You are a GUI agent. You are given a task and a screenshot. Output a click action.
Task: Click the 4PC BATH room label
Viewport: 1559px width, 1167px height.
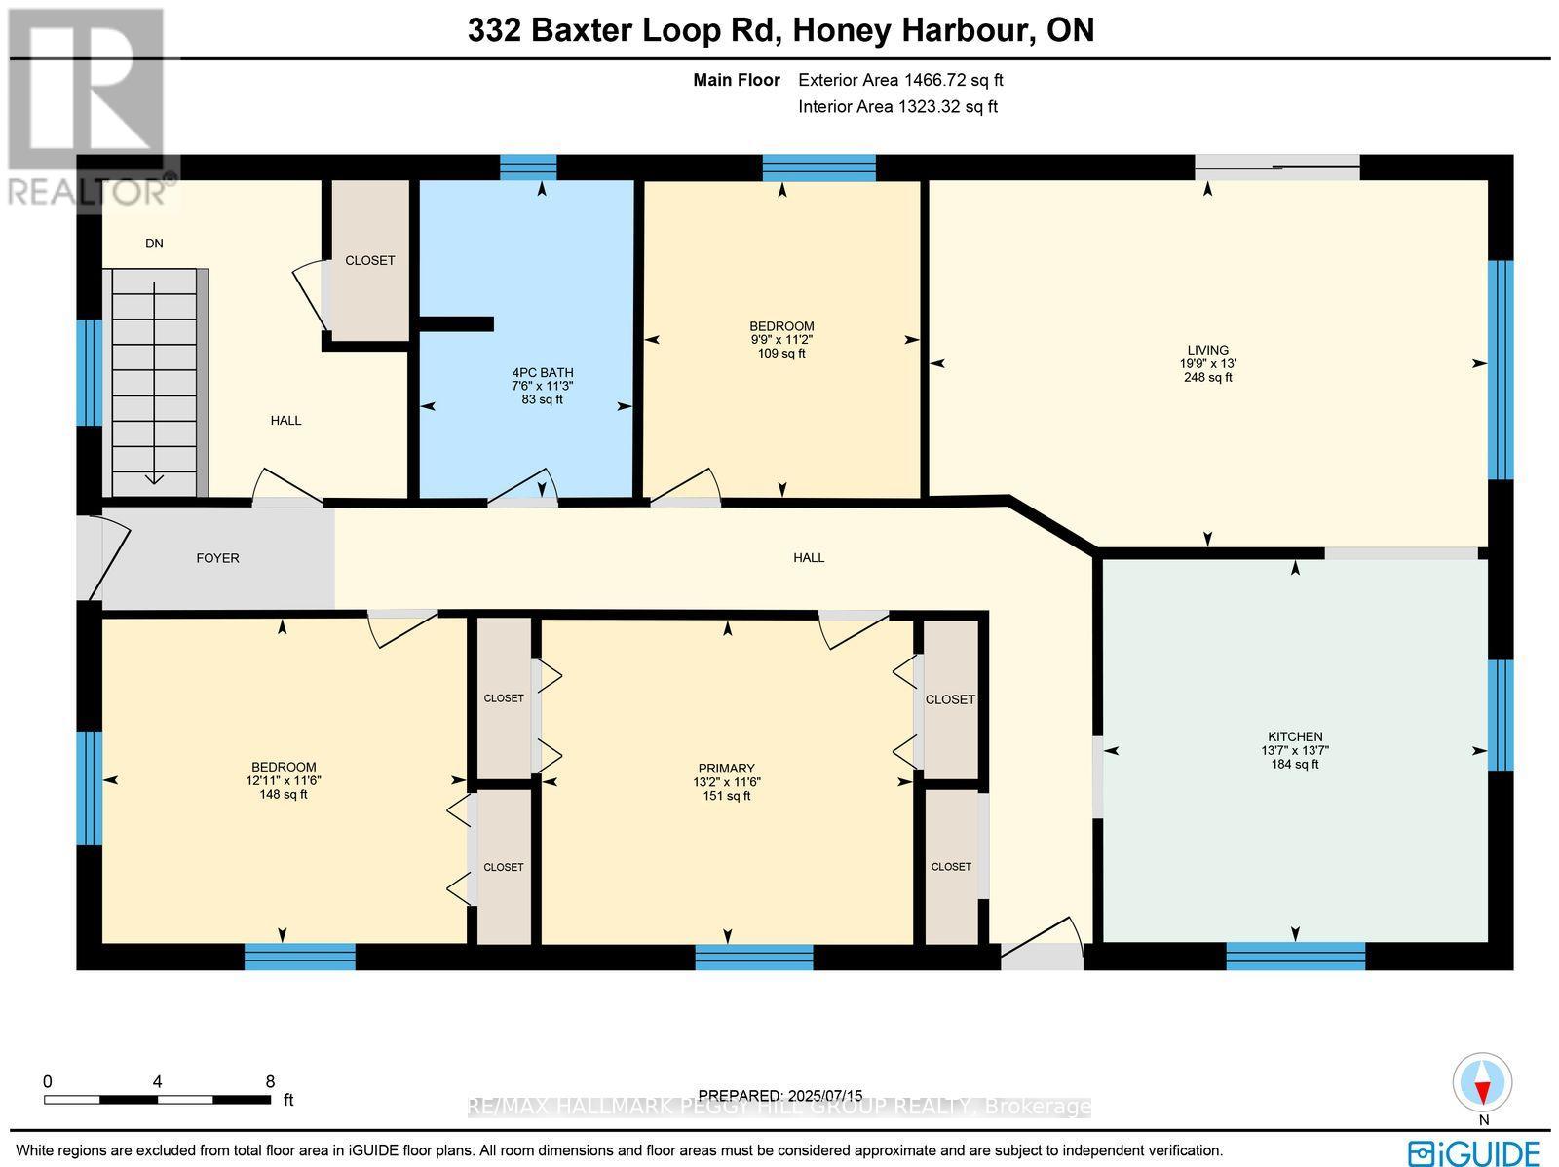[x=543, y=372]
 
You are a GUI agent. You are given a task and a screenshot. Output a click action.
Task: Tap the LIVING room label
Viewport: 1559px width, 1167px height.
[x=1207, y=350]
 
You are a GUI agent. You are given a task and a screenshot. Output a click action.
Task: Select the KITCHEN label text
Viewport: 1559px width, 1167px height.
[x=1295, y=736]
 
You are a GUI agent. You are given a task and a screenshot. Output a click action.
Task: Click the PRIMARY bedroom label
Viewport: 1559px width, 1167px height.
[x=726, y=769]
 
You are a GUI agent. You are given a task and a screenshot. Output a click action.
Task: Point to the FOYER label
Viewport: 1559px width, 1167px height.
[x=217, y=558]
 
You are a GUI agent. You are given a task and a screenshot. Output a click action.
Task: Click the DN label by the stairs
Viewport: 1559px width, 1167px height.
[x=154, y=244]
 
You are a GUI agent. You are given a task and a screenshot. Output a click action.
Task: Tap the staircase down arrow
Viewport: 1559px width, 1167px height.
[x=154, y=477]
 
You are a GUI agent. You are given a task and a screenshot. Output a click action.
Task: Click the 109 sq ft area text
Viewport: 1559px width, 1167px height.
[x=781, y=354]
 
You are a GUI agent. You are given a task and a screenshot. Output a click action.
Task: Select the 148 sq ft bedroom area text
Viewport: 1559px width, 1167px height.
[x=283, y=795]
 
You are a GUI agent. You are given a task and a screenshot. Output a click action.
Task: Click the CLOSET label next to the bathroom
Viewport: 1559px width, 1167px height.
[x=370, y=260]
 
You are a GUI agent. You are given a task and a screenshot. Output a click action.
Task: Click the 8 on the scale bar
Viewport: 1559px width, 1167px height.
[x=270, y=1081]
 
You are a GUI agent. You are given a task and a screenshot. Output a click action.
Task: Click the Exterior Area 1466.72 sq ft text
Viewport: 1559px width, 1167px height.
[x=900, y=81]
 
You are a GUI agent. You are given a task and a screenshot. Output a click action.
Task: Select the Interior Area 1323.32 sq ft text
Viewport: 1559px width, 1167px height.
[x=897, y=107]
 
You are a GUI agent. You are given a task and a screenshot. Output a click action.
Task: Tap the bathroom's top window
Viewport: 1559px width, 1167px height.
[x=528, y=168]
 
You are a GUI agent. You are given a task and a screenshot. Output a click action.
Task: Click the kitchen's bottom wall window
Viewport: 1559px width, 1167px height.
[x=1295, y=956]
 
